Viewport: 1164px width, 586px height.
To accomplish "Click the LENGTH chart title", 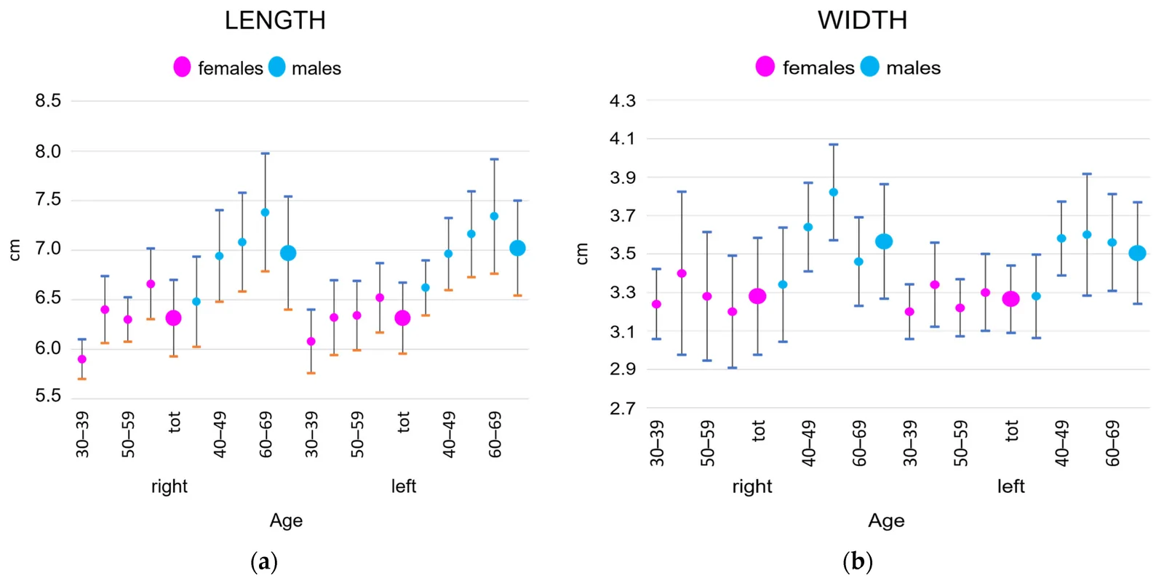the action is point(275,21).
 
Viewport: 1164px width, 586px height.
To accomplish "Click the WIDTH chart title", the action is point(862,21).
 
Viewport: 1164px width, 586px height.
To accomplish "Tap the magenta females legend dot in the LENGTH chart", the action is point(182,67).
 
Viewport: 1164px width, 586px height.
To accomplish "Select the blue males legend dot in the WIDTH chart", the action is point(869,66).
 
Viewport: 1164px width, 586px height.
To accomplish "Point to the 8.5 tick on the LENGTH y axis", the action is point(48,101).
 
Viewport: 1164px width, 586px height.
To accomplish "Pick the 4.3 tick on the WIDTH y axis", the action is point(623,100).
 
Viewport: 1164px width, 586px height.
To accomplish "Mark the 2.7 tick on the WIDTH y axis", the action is point(623,409).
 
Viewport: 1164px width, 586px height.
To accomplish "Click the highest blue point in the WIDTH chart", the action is point(834,192).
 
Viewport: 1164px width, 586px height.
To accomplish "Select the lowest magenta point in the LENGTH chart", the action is point(81,359).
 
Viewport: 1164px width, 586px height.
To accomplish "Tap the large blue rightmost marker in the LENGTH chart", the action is point(517,249).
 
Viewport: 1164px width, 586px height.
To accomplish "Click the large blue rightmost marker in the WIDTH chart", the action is point(1138,253).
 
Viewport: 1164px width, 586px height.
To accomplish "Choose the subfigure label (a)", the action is point(264,561).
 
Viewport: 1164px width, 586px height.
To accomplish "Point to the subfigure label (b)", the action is point(858,561).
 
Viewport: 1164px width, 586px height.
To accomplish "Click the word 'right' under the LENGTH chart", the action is point(170,487).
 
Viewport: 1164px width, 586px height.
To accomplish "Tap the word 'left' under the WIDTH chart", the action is point(1011,487).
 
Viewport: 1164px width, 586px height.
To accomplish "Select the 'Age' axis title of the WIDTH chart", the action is point(887,521).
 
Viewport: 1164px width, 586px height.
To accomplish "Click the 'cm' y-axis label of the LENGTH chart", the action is point(15,250).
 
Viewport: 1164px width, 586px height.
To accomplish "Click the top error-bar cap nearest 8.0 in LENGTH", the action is point(265,153).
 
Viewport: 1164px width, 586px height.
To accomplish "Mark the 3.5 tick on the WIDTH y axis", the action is point(623,254).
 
